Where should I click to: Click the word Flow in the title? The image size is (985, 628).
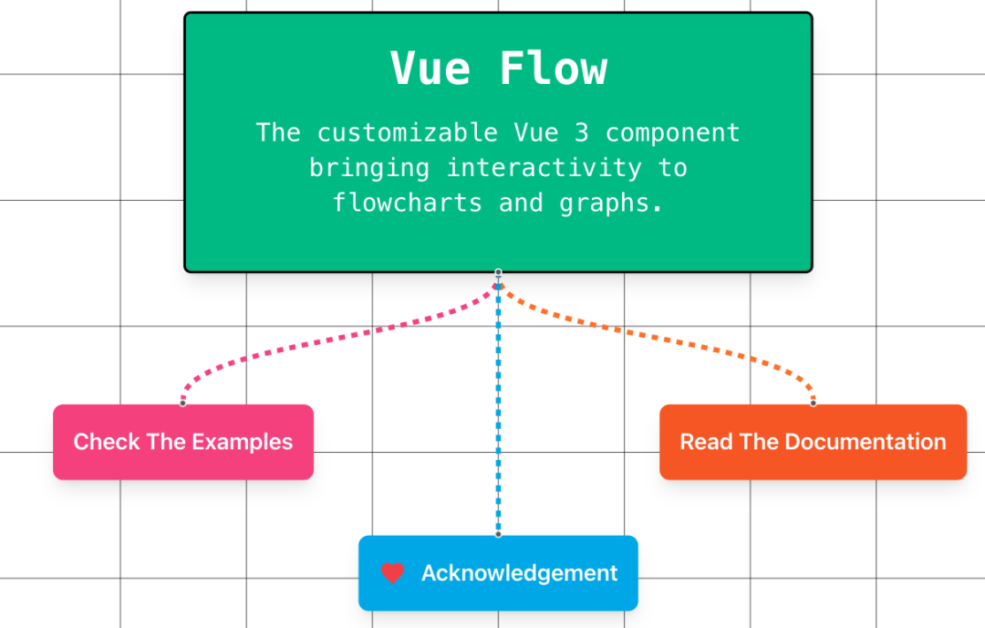tap(554, 68)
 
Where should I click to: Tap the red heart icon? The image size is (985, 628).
tap(392, 573)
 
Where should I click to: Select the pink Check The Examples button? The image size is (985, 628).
tap(183, 442)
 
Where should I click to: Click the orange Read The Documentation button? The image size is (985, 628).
tap(813, 442)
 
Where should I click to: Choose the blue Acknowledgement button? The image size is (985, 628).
tap(498, 573)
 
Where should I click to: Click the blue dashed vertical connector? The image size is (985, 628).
tap(498, 411)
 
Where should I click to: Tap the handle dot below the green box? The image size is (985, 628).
tap(498, 272)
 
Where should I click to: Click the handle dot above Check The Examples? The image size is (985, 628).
tap(183, 403)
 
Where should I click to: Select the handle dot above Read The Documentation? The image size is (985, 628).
tap(813, 403)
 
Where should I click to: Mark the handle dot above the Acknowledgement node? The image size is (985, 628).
tap(498, 534)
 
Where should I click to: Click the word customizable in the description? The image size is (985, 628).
tap(407, 132)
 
